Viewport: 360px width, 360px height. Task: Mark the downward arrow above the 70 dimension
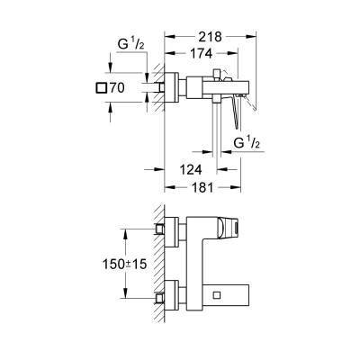point(108,71)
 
